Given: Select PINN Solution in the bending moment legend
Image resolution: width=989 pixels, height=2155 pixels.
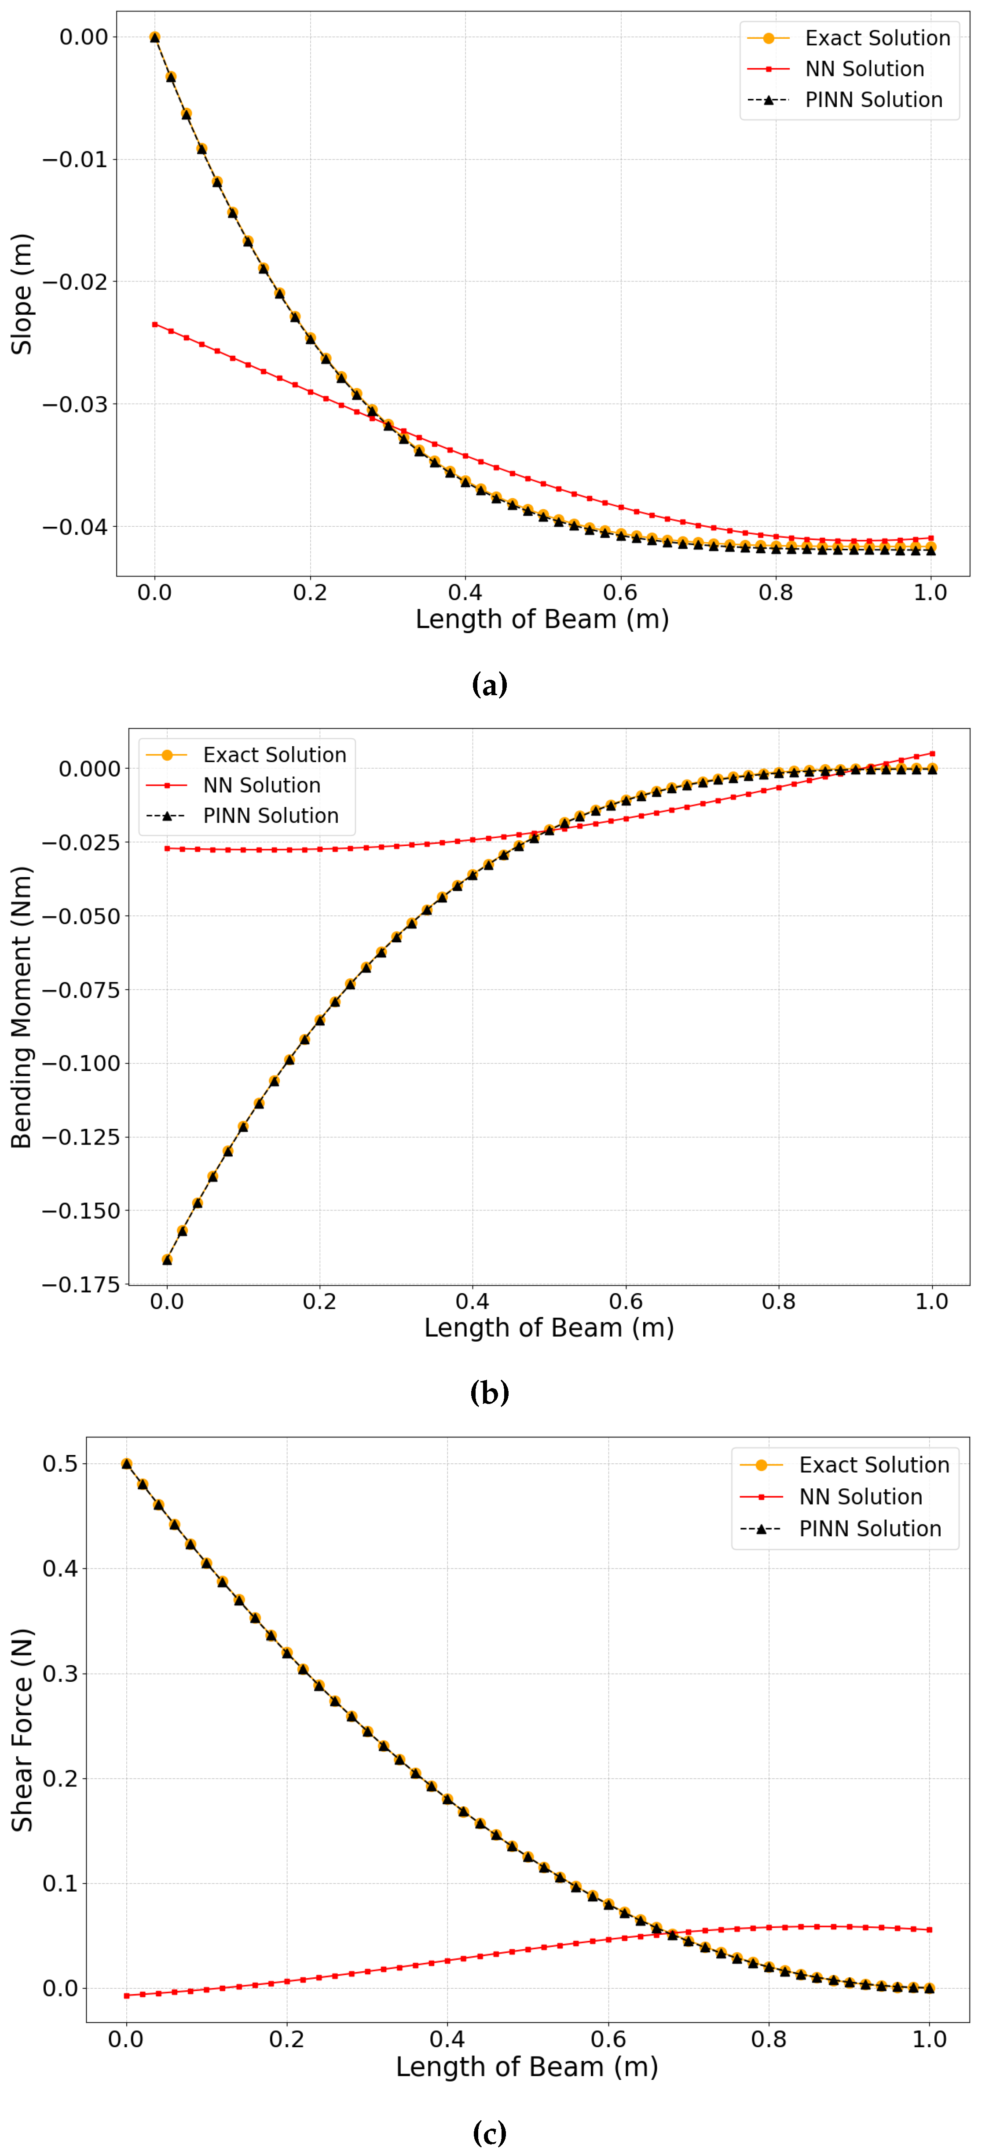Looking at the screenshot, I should click(270, 816).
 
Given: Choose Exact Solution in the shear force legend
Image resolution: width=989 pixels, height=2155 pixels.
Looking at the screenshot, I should click(874, 1465).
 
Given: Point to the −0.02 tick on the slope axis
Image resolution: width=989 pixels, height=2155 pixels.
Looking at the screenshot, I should click(75, 282).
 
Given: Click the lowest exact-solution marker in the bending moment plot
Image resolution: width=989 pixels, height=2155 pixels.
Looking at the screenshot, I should click(167, 1259).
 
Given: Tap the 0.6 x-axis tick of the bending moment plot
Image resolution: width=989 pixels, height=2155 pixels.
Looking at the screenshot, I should click(625, 1302).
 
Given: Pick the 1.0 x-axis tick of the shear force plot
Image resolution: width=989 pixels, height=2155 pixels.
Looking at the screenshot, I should click(929, 2039).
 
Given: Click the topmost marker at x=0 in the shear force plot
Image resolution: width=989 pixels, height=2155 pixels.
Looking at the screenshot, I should click(126, 1464).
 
